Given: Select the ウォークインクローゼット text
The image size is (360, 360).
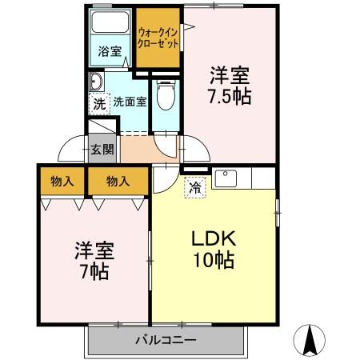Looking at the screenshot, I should click(158, 38).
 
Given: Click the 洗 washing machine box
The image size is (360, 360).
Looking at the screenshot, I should click(98, 102).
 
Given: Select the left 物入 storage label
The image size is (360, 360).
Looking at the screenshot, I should click(62, 181).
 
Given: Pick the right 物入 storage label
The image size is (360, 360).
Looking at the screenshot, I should click(118, 181).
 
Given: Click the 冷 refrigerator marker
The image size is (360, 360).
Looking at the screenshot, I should click(194, 188).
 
